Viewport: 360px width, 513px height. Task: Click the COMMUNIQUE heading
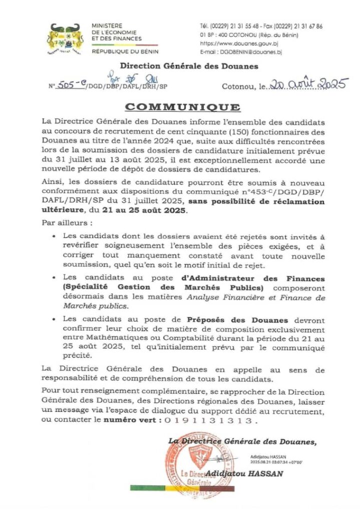click(182, 108)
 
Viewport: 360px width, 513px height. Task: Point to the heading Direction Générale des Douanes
click(189, 66)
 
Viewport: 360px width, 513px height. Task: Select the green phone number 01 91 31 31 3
click(210, 421)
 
